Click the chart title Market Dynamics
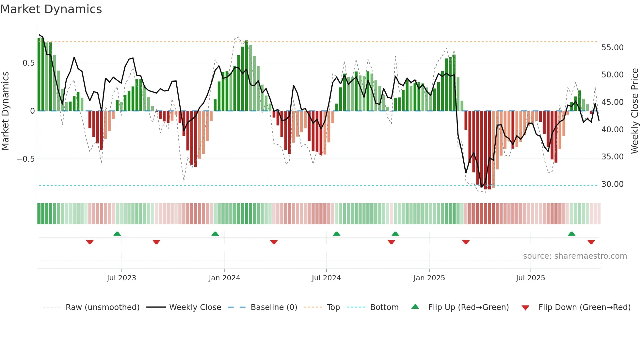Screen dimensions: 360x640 click(51, 9)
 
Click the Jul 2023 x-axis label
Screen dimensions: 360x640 click(121, 278)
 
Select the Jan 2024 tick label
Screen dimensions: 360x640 click(224, 278)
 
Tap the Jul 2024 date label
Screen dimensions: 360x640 click(326, 278)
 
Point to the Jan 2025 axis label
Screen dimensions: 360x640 click(429, 278)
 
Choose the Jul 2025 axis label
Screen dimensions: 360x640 click(530, 278)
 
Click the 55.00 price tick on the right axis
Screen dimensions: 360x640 click(612, 48)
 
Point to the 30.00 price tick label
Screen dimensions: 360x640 click(612, 184)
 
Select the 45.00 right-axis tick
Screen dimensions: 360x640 click(612, 102)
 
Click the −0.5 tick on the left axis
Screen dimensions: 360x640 click(25, 159)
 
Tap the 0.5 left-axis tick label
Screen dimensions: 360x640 click(28, 63)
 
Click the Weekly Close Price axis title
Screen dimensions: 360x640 click(634, 111)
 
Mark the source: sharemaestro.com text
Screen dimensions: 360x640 click(575, 256)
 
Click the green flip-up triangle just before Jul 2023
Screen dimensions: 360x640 click(117, 234)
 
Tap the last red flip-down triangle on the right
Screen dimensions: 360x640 click(591, 242)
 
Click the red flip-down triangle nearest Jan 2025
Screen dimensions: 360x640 click(391, 242)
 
